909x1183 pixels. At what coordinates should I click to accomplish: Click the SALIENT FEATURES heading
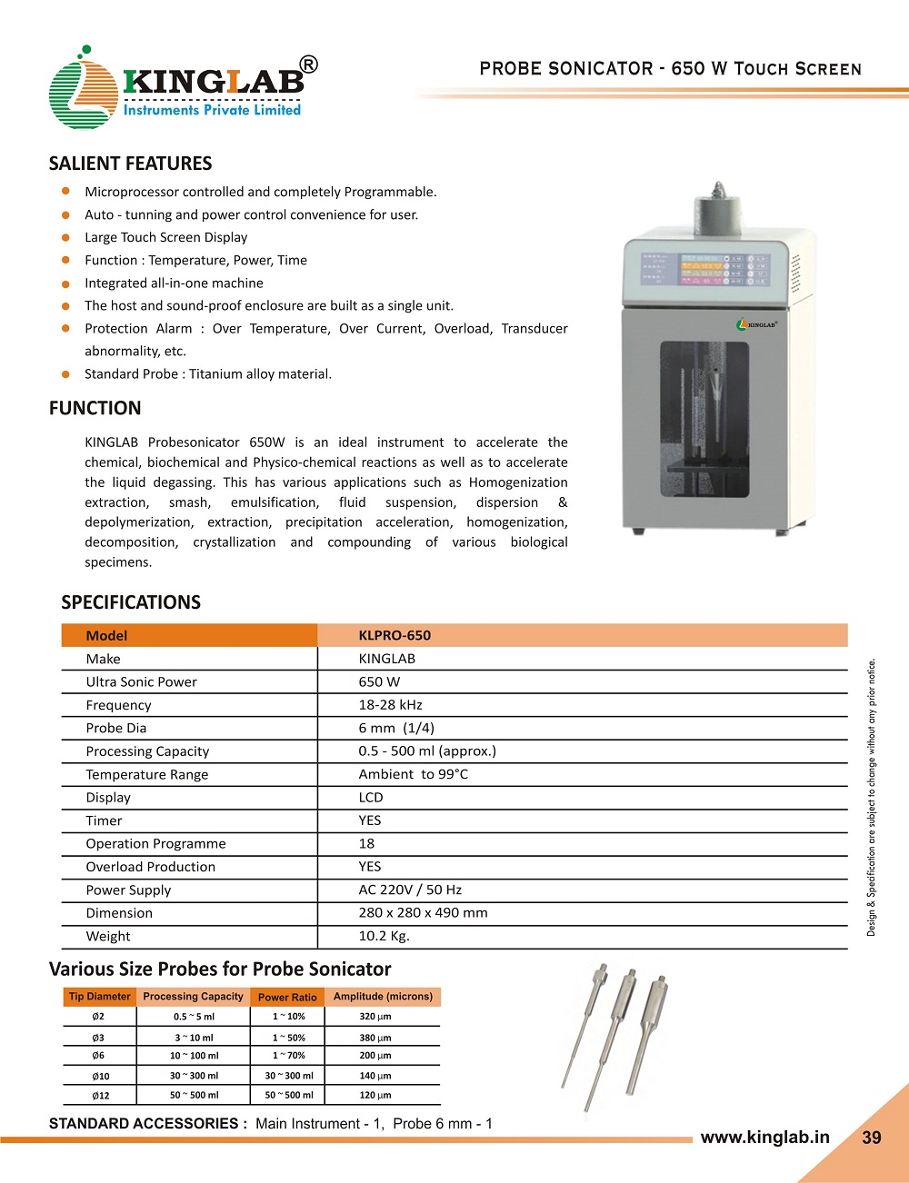[x=130, y=164]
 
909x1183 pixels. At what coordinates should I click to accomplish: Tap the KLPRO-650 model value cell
[x=395, y=635]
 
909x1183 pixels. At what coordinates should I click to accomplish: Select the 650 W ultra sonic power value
[x=379, y=681]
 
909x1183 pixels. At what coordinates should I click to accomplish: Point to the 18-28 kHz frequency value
[x=390, y=704]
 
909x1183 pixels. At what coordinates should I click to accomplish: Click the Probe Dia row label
[x=116, y=728]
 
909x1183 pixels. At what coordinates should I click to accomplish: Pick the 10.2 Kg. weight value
[x=384, y=936]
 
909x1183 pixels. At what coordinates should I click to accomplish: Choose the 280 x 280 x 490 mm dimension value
[x=423, y=912]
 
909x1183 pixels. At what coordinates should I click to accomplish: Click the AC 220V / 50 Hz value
[x=410, y=890]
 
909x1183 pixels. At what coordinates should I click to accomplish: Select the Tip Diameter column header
[x=100, y=997]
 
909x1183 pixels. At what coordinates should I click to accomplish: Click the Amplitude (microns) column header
[x=383, y=997]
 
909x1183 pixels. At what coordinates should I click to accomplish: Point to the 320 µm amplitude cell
[x=375, y=1017]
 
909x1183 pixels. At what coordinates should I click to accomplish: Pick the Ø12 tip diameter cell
[x=100, y=1095]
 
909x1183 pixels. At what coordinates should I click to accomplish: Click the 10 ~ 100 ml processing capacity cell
[x=194, y=1056]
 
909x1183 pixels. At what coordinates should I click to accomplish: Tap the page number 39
[x=872, y=1138]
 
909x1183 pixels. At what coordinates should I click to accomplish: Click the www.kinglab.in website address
[x=764, y=1137]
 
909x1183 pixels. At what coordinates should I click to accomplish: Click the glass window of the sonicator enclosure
[x=704, y=419]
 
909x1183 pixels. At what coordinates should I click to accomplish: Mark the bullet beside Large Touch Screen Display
[x=65, y=237]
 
